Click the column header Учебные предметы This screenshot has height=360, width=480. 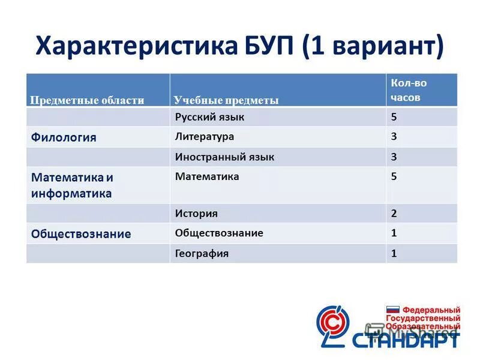226,100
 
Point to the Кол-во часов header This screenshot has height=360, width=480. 409,90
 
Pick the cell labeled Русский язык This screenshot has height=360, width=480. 209,117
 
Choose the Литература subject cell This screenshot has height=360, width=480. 204,136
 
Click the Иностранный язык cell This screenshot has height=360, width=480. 224,157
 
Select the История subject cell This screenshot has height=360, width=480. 196,213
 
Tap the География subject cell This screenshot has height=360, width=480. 202,253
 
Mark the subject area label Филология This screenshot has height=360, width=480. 64,137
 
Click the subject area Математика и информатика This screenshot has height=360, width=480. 72,185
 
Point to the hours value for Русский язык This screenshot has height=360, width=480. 394,117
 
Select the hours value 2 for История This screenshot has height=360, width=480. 394,213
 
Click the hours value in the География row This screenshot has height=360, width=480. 394,253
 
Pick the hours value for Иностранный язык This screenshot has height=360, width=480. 394,157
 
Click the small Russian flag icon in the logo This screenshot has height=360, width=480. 392,309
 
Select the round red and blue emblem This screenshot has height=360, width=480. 334,324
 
